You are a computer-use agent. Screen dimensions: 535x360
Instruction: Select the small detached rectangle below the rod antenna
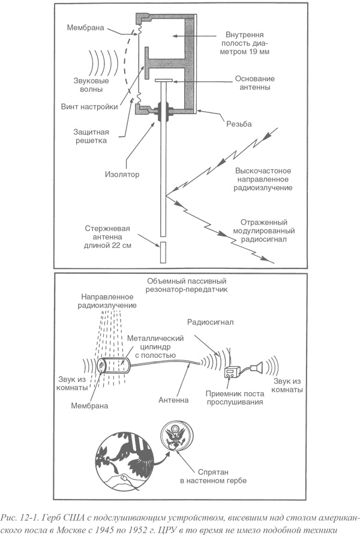pyautogui.click(x=163, y=253)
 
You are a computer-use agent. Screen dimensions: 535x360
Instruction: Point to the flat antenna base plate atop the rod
pyautogui.click(x=163, y=80)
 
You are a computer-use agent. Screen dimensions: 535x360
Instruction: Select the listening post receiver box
pyautogui.click(x=232, y=373)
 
